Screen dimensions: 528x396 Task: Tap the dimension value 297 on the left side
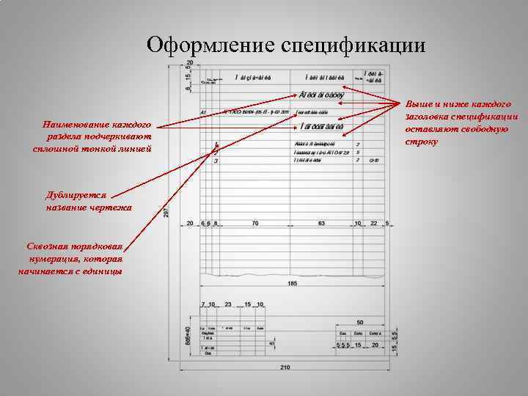point(166,211)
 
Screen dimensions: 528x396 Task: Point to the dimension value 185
point(292,282)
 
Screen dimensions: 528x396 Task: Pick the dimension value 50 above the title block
point(360,322)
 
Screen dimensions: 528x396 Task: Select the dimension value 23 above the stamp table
point(227,304)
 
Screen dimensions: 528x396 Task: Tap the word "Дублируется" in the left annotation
point(76,196)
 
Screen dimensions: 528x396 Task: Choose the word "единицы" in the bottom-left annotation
point(102,271)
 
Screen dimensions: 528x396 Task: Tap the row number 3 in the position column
point(216,161)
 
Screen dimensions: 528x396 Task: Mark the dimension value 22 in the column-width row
point(374,222)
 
